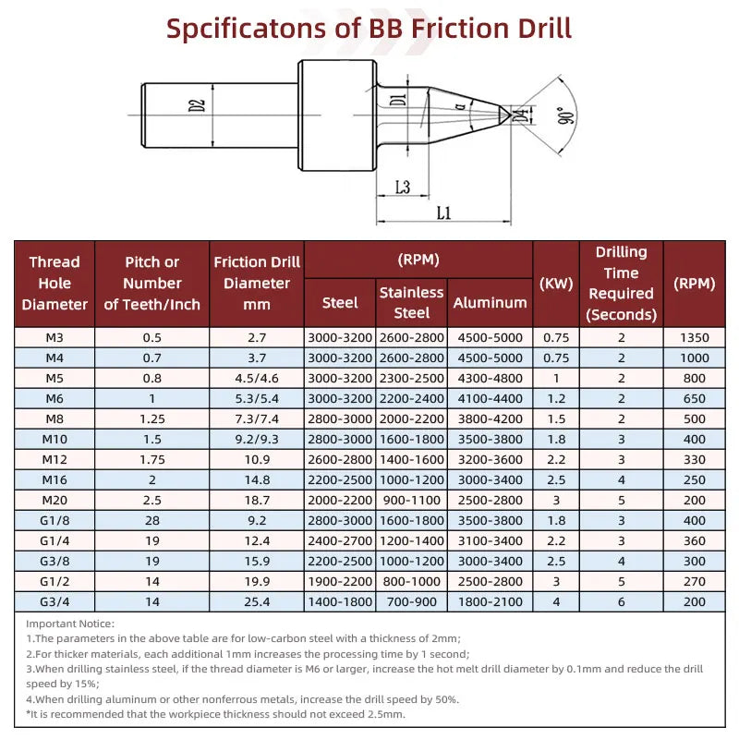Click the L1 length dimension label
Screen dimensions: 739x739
442,212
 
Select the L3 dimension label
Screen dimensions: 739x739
402,187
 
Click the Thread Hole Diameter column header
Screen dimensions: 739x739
55,283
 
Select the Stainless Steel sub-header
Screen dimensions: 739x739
411,302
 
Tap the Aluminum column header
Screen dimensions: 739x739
490,302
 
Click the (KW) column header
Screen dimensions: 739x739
556,283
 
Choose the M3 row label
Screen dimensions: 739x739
55,337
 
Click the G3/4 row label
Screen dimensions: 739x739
55,601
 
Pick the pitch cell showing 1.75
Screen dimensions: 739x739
151,459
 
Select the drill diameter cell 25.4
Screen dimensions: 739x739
257,601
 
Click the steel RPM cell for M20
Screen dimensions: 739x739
340,500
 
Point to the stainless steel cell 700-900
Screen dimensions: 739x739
411,601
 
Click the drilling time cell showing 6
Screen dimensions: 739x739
621,601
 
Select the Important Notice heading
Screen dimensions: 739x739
70,624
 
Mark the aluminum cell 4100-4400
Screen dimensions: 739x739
490,398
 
